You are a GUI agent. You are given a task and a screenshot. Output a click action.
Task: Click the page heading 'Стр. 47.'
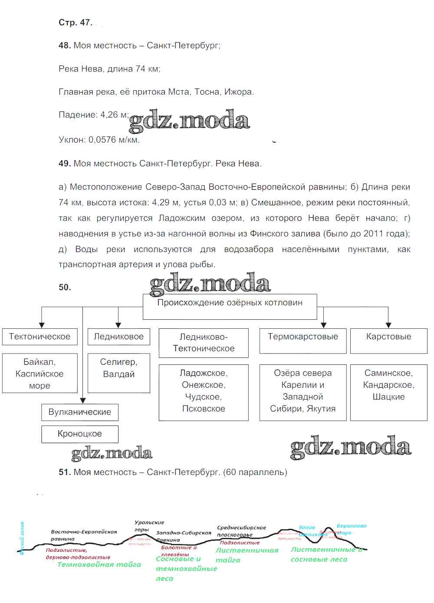(76, 23)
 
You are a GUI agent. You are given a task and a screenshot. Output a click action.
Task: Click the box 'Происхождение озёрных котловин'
(230, 306)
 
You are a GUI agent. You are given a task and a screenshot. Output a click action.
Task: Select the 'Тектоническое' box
(39, 337)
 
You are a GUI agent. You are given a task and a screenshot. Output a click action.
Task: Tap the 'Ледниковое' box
(118, 337)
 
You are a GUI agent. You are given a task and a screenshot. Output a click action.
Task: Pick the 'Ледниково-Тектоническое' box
(204, 343)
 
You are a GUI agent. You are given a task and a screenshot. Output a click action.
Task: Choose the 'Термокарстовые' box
(303, 341)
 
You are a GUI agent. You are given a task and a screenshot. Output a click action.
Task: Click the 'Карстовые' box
(388, 341)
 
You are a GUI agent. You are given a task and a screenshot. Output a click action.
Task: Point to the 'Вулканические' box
(80, 412)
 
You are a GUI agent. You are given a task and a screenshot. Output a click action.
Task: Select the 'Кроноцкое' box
(80, 434)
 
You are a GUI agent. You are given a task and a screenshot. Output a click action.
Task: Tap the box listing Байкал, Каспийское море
(39, 374)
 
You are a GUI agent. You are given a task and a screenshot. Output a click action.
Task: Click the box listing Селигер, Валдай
(118, 374)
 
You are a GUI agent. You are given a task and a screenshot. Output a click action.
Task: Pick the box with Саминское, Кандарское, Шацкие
(388, 392)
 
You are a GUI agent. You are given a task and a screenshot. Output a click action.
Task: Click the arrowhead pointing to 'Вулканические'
(83, 401)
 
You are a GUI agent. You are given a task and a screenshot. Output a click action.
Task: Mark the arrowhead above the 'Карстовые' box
(388, 325)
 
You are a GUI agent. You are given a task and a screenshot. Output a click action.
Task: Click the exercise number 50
(65, 287)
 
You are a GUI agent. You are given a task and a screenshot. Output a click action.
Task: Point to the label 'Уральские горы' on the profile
(148, 526)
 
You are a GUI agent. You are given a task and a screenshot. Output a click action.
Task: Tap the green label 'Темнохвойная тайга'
(99, 564)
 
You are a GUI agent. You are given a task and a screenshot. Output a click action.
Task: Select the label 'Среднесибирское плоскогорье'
(241, 531)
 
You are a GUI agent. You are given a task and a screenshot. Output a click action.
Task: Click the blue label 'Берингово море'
(351, 529)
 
